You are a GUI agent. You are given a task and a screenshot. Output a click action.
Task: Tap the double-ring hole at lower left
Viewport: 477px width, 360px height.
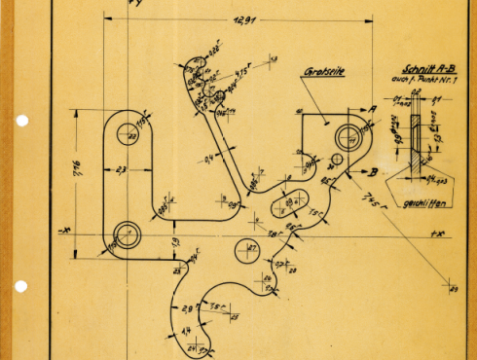tap(127, 233)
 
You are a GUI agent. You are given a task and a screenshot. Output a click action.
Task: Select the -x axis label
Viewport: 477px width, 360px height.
tap(63, 231)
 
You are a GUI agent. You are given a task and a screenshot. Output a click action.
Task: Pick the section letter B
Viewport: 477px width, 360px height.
tap(371, 171)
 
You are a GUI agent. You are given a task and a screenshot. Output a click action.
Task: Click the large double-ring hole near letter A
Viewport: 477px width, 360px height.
tap(347, 135)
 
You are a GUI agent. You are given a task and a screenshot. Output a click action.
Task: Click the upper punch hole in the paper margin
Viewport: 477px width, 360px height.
tap(22, 122)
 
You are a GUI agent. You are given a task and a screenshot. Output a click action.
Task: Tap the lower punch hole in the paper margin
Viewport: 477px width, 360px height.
tap(22, 286)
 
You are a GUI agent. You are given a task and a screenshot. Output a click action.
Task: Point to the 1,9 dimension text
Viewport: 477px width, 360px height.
tap(176, 242)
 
